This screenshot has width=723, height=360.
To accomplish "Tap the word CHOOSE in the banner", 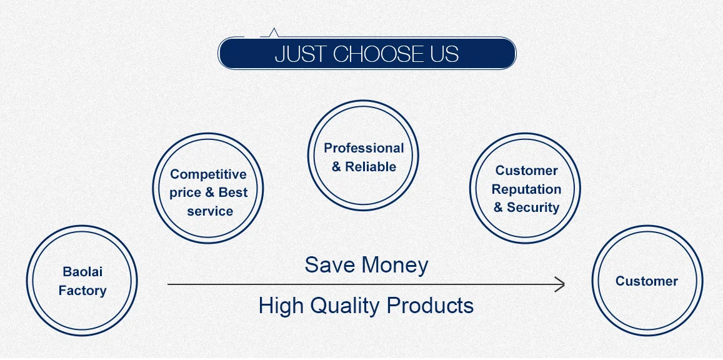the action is click(x=377, y=54).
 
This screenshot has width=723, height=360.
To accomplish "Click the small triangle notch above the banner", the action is click(x=274, y=32).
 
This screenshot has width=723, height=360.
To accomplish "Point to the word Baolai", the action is click(x=82, y=271).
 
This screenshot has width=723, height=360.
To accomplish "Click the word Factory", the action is click(x=82, y=291).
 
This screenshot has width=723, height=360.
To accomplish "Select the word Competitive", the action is click(x=209, y=174).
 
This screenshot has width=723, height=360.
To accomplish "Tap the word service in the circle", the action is click(x=210, y=211).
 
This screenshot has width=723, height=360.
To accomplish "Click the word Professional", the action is click(x=364, y=148).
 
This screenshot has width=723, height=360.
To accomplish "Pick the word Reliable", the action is click(x=371, y=166).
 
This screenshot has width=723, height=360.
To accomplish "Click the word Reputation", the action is click(x=526, y=189).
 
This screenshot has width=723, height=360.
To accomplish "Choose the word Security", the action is click(x=533, y=207).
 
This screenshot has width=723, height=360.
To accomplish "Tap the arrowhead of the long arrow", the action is click(x=560, y=284).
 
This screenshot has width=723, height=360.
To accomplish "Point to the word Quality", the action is click(x=346, y=306).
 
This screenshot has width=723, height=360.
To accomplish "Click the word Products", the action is click(x=430, y=305).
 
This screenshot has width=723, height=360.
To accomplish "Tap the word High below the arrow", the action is click(x=281, y=306).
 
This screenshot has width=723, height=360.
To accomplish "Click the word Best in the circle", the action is click(x=233, y=192).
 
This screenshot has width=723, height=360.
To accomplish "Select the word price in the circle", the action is click(x=184, y=192).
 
